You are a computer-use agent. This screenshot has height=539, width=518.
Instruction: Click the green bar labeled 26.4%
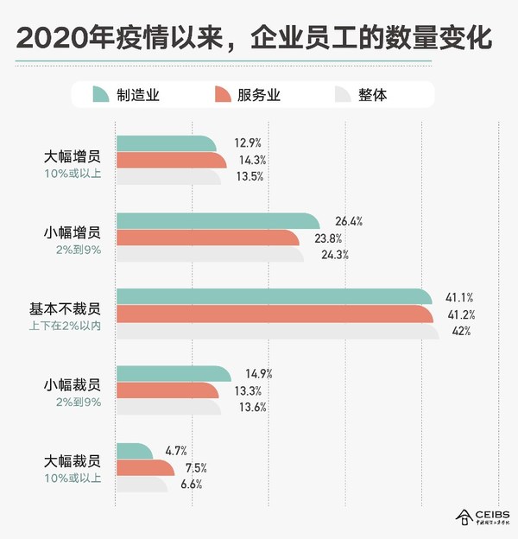[216, 221]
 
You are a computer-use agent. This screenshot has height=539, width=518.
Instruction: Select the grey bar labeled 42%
[276, 331]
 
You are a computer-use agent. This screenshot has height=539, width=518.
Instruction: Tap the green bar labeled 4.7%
[134, 450]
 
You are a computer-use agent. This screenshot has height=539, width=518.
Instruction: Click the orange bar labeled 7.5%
[145, 467]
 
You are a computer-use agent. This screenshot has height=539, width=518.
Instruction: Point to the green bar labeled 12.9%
[164, 143]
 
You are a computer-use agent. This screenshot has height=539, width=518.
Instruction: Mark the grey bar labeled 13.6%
[167, 408]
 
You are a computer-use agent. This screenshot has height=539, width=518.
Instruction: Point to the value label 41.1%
[459, 296]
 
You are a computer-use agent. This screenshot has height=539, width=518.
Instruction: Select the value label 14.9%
[259, 374]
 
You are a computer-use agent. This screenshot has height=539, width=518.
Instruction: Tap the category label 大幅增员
[73, 157]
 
